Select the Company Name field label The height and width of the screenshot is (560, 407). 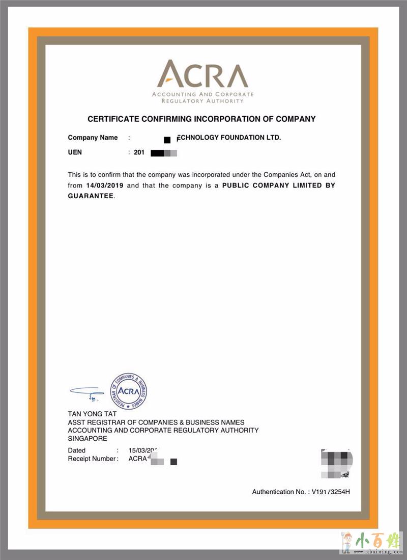coord(93,138)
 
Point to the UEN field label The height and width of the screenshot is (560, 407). coord(75,152)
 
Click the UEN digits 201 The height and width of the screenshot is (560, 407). coord(139,152)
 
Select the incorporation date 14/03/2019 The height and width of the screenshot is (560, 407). coord(105,185)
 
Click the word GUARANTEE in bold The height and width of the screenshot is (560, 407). coord(91,196)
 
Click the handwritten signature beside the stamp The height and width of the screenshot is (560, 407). coord(87,393)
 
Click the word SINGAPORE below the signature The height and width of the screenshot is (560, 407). coord(88,438)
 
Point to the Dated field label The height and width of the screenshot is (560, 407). coord(77,450)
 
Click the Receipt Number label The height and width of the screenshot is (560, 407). coord(92,459)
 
